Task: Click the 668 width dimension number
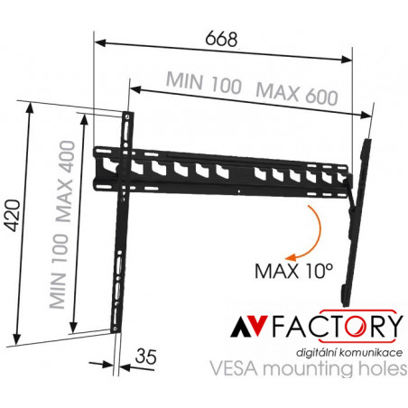coord(221,39)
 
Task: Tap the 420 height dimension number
coord(14,215)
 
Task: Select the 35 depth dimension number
coord(146,357)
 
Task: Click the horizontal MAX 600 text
coord(297,94)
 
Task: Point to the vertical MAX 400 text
coord(66,181)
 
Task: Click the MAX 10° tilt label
coord(293,271)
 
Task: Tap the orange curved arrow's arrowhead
coord(291,257)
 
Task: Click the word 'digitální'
coord(316,353)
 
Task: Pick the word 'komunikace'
coord(371,353)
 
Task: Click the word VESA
coord(234,368)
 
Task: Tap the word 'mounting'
coord(309,369)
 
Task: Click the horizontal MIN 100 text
coord(204,81)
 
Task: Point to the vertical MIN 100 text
coord(59,271)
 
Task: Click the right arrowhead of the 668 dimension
coord(347,60)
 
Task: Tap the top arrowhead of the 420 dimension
coord(30,107)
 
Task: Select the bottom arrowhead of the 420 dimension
coord(17,338)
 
